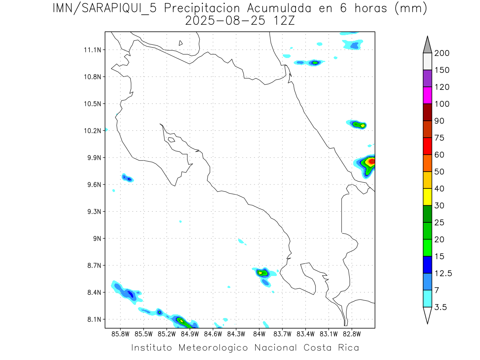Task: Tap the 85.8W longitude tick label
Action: click(x=120, y=334)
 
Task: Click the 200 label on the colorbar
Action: click(x=442, y=53)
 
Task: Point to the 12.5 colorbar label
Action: click(x=443, y=273)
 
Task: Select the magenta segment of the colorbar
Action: click(x=427, y=96)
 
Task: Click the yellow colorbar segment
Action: click(x=427, y=197)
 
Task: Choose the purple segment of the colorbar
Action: click(x=427, y=78)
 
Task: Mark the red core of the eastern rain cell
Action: click(x=371, y=161)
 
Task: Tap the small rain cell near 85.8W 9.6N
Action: click(x=128, y=178)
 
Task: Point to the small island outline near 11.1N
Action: click(x=181, y=43)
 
